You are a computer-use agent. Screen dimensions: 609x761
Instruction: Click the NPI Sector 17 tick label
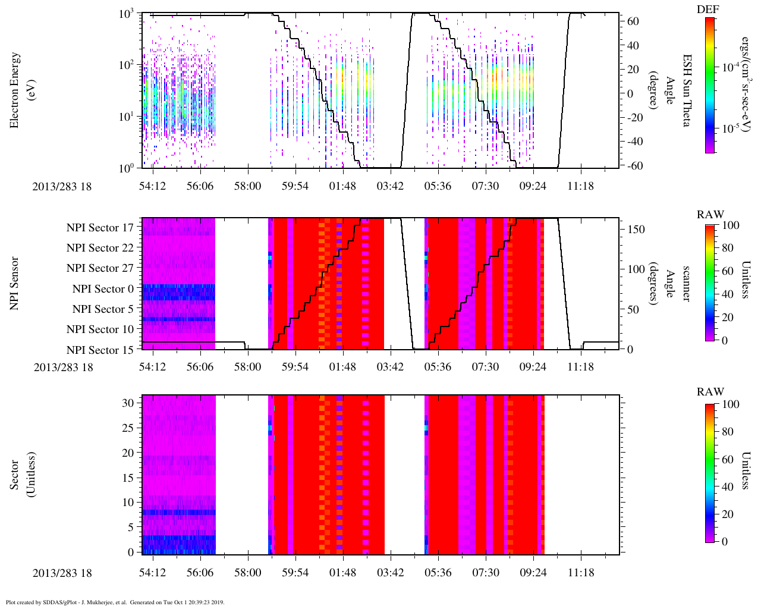100,227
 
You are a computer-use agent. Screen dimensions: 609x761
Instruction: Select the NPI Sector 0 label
103,289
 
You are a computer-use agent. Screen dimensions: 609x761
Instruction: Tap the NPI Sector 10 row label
100,329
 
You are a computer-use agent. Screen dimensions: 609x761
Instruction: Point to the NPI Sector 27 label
100,268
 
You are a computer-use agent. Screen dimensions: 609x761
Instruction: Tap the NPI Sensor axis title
15,283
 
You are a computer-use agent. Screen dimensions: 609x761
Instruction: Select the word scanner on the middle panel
685,283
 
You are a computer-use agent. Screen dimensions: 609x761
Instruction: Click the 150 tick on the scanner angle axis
636,230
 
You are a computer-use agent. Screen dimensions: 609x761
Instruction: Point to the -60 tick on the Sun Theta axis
634,166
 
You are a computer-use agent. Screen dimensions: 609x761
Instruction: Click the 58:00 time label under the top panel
247,186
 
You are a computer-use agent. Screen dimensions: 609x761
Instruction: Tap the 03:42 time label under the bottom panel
390,573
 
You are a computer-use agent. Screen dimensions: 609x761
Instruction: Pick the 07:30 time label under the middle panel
485,367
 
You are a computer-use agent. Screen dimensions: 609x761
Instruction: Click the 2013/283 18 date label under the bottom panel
63,573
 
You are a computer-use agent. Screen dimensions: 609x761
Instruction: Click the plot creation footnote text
115,602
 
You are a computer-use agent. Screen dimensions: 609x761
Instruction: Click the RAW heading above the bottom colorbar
710,392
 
